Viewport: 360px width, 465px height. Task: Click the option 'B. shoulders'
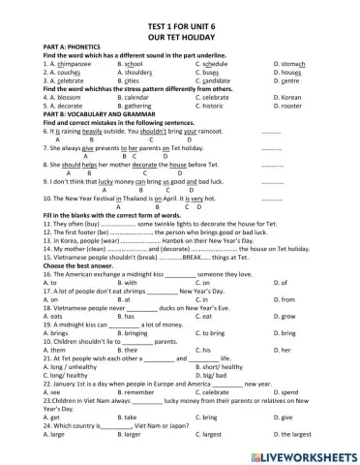(x=139, y=73)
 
